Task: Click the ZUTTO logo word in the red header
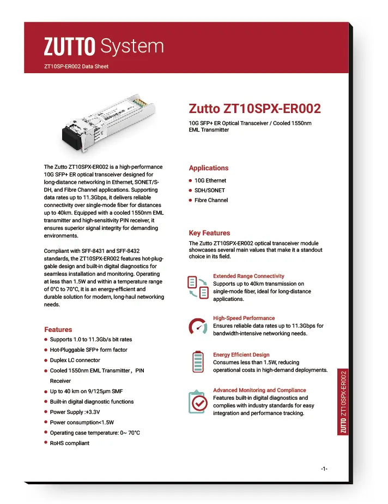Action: (x=70, y=46)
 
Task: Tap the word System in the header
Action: (x=132, y=46)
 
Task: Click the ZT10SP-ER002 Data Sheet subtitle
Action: (x=76, y=67)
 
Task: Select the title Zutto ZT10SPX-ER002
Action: (x=254, y=108)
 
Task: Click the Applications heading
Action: (x=209, y=168)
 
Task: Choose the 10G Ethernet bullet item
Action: (x=210, y=181)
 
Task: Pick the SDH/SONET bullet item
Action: (x=210, y=191)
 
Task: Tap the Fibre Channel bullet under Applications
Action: (x=211, y=200)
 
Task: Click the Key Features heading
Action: (x=209, y=233)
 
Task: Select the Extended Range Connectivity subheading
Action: (x=248, y=276)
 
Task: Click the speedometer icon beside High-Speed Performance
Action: (x=198, y=327)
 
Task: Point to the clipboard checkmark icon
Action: (x=198, y=402)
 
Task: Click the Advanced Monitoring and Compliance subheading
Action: (x=259, y=390)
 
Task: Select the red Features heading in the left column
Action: (x=58, y=330)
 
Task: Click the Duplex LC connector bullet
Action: (x=75, y=360)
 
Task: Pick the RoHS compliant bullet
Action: (x=70, y=443)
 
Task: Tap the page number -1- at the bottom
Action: (x=324, y=469)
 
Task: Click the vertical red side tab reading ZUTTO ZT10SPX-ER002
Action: (x=343, y=402)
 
